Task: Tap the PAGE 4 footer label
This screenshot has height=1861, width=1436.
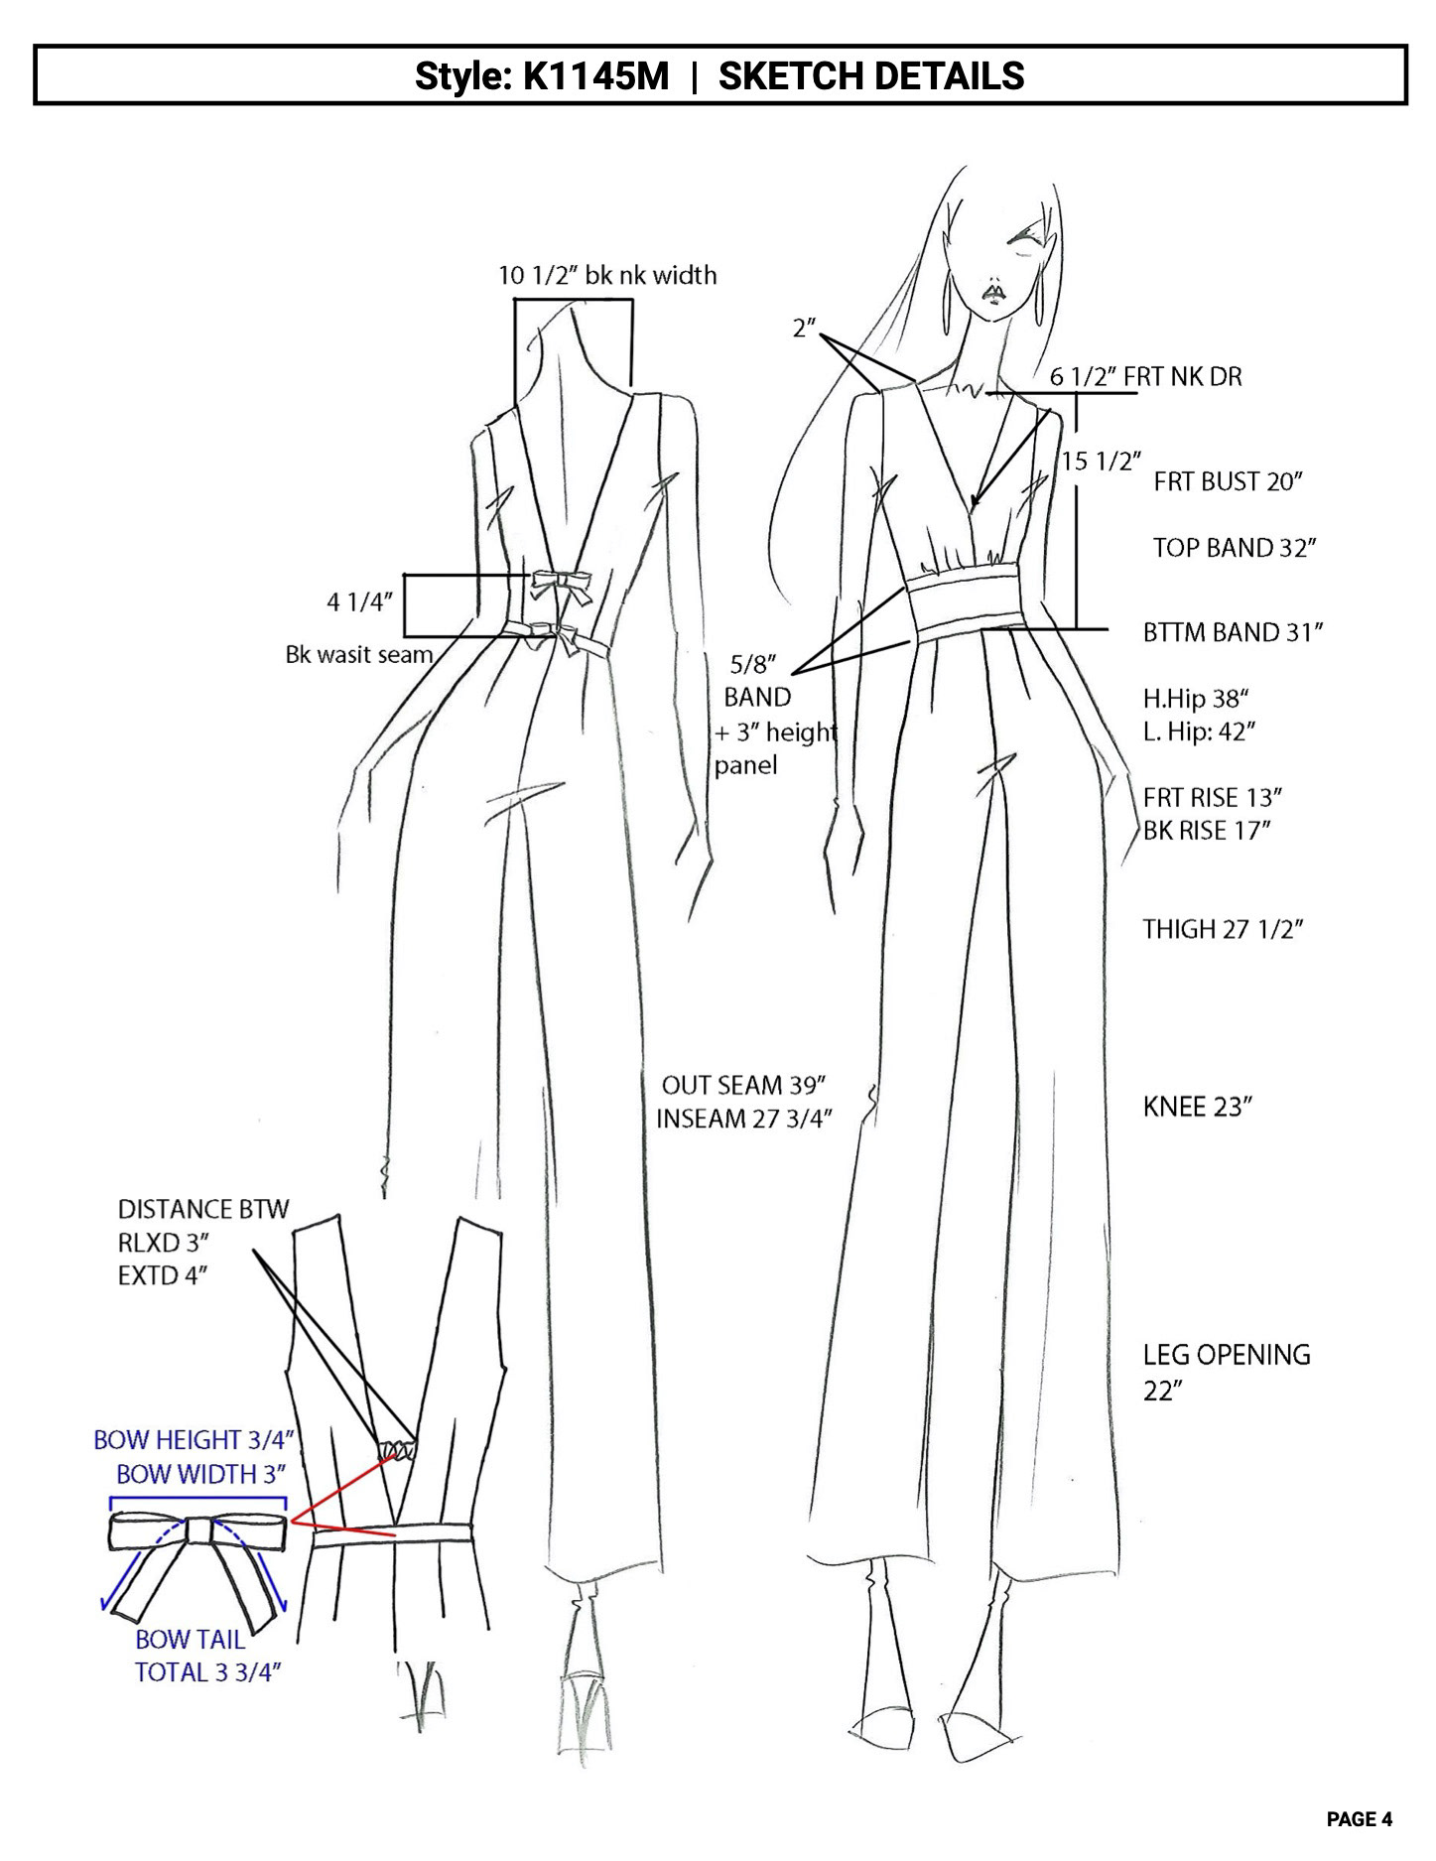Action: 1359,1818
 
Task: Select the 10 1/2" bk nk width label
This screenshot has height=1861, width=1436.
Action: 606,275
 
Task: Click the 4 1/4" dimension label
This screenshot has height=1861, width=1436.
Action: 360,602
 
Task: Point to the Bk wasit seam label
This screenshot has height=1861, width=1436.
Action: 359,655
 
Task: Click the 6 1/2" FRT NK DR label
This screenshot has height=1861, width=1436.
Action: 1145,377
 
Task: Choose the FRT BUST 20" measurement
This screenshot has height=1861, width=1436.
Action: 1228,482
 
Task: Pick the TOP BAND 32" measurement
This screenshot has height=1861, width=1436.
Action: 1234,548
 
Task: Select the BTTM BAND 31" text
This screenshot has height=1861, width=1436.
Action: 1233,632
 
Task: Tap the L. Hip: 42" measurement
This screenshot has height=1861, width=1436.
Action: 1199,732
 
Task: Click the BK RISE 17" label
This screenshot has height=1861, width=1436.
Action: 1207,831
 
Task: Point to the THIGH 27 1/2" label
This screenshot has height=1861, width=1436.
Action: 1222,930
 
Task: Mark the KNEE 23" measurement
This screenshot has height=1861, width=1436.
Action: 1197,1108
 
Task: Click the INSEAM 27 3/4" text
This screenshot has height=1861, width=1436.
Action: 743,1119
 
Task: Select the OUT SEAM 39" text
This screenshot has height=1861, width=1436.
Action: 744,1084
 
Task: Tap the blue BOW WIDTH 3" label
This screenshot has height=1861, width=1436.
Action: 201,1474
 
